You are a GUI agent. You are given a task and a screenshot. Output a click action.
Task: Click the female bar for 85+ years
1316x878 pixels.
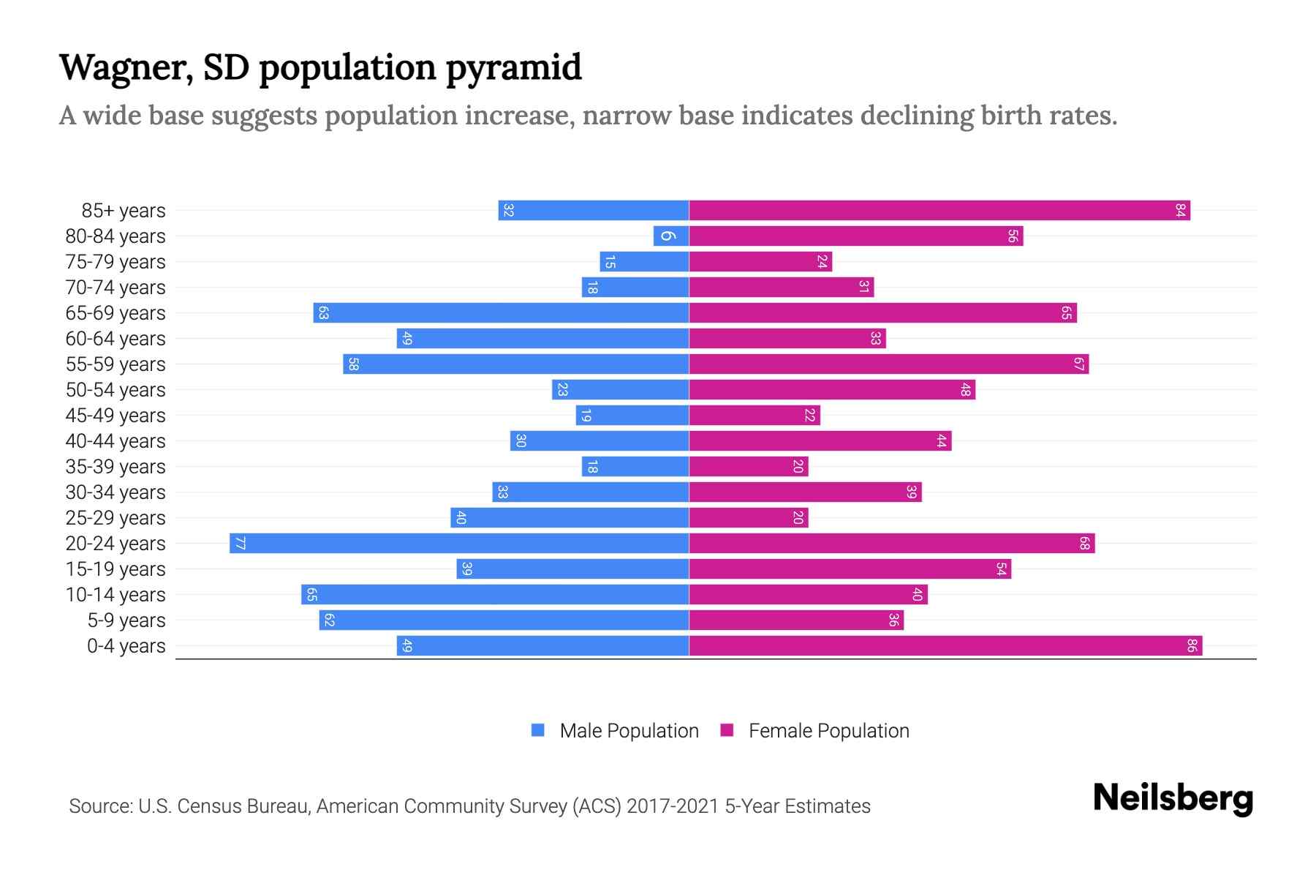pos(939,211)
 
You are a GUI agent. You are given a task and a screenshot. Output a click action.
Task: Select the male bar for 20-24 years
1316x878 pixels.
pos(459,544)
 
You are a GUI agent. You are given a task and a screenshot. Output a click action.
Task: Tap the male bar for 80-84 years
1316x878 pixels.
pos(671,236)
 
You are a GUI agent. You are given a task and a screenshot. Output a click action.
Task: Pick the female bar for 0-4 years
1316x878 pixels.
pos(945,646)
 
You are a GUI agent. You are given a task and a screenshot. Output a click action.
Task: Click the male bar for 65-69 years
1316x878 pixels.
pos(502,313)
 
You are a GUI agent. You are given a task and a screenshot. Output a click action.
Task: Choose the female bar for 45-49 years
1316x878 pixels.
pos(755,416)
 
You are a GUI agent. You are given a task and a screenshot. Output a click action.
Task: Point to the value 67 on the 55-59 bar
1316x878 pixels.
pos(1078,364)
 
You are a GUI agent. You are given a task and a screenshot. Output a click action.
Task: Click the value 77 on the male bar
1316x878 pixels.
pos(240,544)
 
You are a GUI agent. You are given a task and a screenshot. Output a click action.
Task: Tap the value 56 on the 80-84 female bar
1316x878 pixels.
pos(1013,236)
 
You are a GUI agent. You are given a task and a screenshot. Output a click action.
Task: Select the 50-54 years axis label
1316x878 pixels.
pos(116,390)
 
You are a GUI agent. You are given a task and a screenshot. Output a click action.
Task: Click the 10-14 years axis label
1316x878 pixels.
pos(116,595)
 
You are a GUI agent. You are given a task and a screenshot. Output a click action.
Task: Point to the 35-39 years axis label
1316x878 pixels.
pos(116,467)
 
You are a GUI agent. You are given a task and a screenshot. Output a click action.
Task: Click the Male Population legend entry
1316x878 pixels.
pos(629,731)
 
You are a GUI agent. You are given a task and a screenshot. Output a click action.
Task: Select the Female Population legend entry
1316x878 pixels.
pos(828,731)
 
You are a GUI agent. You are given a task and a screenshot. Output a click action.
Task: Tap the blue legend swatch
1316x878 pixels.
pos(538,730)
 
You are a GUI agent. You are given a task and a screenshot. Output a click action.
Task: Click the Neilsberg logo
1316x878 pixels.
pos(1173,798)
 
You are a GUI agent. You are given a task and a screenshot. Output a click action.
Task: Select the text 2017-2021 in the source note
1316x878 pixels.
pos(673,806)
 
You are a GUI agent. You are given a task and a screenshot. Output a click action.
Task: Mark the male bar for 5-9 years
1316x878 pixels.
pos(504,620)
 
